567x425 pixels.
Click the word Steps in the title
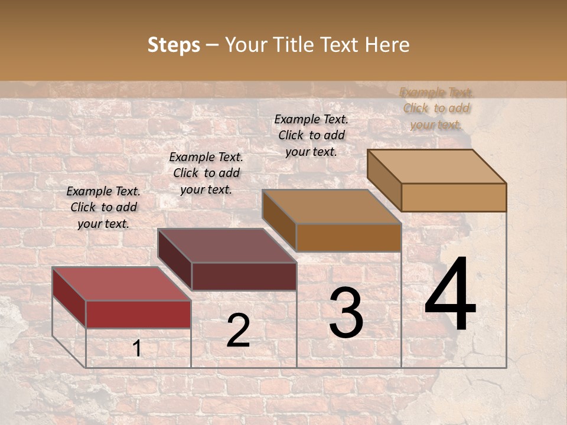click(x=174, y=45)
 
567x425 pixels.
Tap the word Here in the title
click(x=386, y=45)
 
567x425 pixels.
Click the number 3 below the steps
click(x=346, y=313)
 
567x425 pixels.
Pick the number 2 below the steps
click(x=238, y=331)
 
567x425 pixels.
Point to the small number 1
click(x=137, y=349)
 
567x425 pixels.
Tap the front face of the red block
click(x=138, y=314)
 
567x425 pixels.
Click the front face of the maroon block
click(x=244, y=276)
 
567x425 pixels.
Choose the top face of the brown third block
click(x=332, y=207)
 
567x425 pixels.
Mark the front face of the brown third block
click(x=348, y=237)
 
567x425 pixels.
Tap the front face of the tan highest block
click(x=454, y=197)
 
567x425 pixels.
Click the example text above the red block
click(x=103, y=207)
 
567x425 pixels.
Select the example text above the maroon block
click(x=206, y=173)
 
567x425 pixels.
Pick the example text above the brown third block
click(x=311, y=135)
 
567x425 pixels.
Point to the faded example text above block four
click(x=436, y=108)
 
